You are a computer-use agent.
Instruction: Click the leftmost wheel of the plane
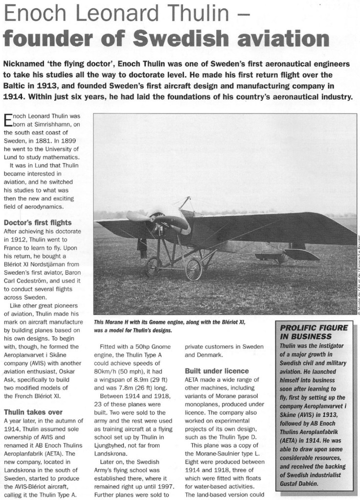[154, 267]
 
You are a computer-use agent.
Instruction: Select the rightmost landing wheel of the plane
[194, 269]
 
